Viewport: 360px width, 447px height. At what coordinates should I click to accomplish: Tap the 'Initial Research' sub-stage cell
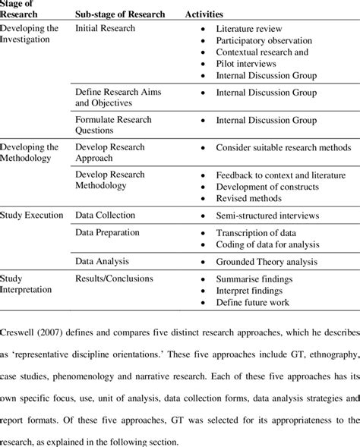click(x=105, y=28)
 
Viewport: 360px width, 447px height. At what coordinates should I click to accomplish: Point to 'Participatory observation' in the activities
click(x=264, y=40)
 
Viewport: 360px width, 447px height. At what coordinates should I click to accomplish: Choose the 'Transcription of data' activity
click(x=257, y=233)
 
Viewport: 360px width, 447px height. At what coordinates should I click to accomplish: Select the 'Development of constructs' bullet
click(x=267, y=186)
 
